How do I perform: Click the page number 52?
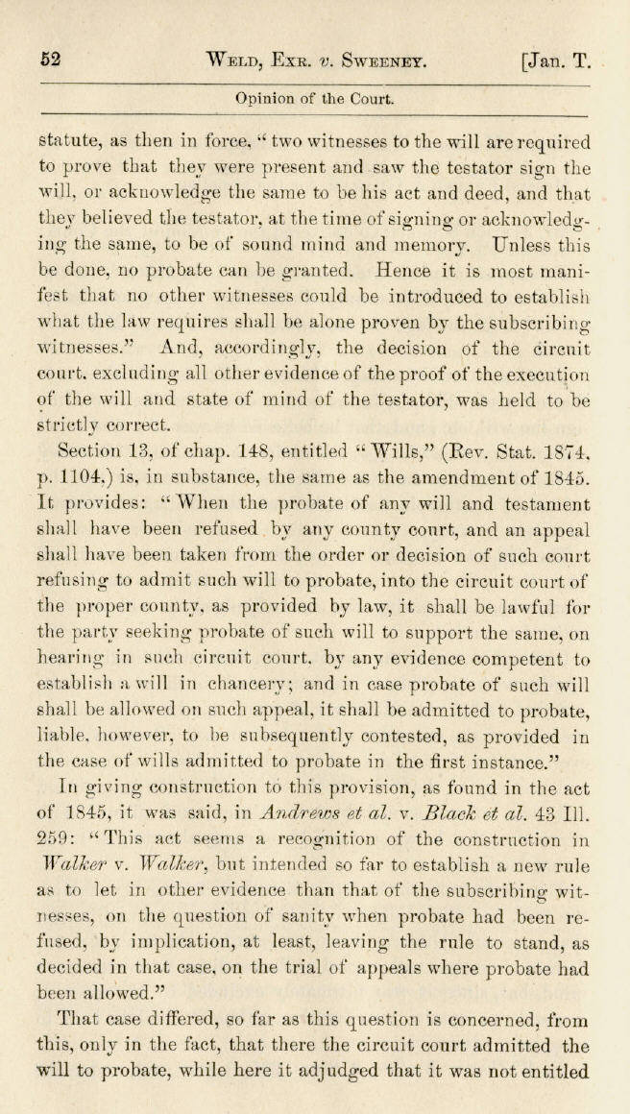tap(51, 59)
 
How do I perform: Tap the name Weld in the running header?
tap(233, 60)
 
